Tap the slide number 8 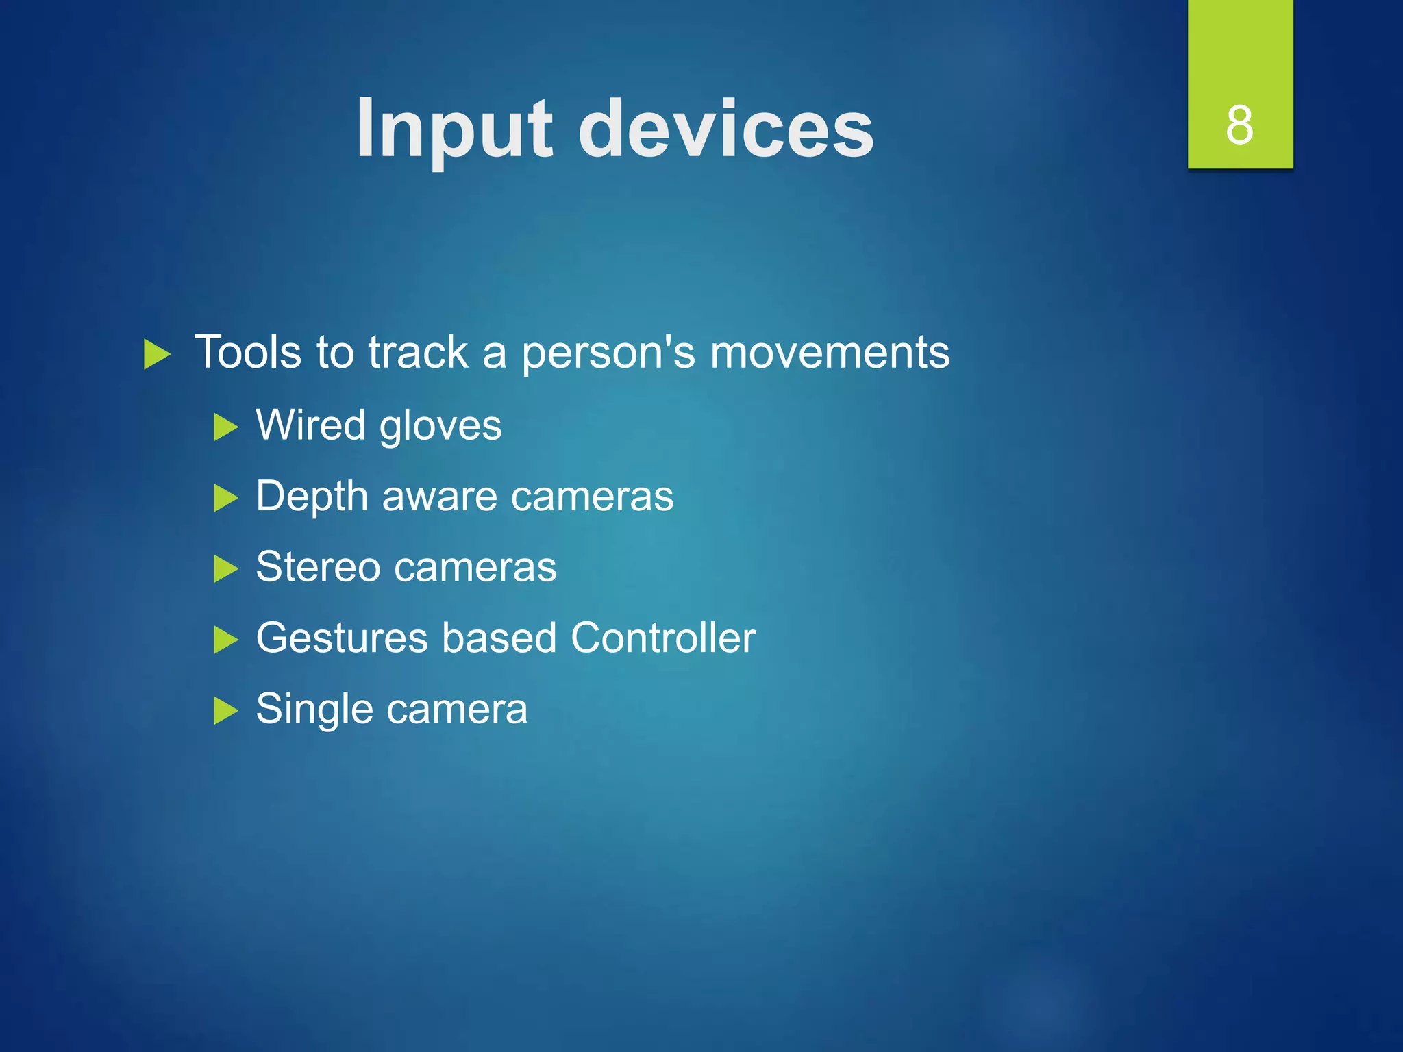[x=1239, y=125]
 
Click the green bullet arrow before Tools [x=157, y=355]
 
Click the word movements [x=830, y=353]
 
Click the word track [x=418, y=353]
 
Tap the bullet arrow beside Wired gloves [x=225, y=427]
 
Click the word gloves [x=440, y=427]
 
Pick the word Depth [x=312, y=497]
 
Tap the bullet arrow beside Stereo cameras [x=225, y=569]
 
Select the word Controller [x=662, y=638]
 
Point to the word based [x=499, y=638]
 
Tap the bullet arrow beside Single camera [x=225, y=710]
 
